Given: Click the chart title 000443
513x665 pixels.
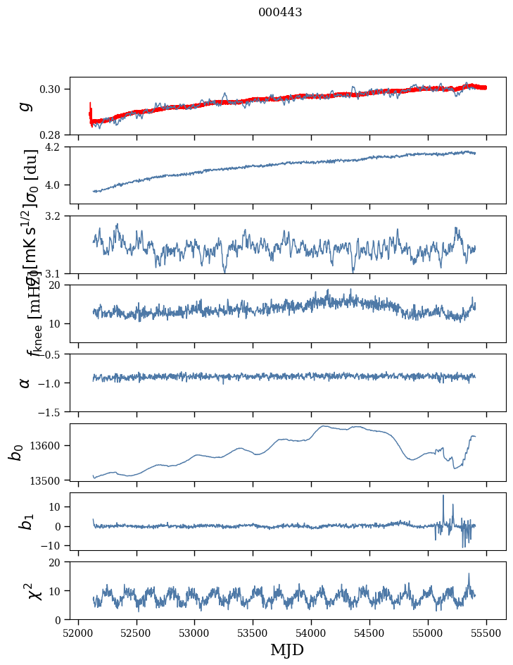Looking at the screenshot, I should pos(280,13).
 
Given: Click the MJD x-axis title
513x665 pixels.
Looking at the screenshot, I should pos(287,650).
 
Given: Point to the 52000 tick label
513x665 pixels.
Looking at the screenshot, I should pos(78,632).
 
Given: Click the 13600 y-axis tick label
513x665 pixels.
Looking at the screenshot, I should pos(49,445).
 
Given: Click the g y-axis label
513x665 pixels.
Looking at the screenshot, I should pos(25,106).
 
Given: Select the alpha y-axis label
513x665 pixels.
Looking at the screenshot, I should pos(25,383).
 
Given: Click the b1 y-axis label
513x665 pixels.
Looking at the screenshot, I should pos(25,521).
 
